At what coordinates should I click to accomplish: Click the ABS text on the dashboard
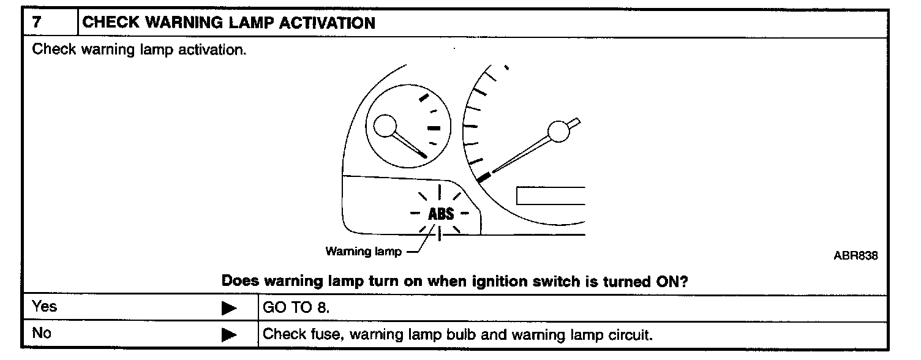(x=441, y=214)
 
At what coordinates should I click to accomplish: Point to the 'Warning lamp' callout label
(x=363, y=252)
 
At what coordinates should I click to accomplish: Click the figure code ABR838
(x=855, y=255)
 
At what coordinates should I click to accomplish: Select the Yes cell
(x=45, y=306)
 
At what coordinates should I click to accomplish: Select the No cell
(x=42, y=334)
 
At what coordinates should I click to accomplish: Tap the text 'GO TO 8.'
(x=296, y=307)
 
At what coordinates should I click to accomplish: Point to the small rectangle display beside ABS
(x=551, y=195)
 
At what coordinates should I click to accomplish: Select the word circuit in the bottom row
(x=631, y=335)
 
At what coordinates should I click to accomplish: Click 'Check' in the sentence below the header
(x=54, y=50)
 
